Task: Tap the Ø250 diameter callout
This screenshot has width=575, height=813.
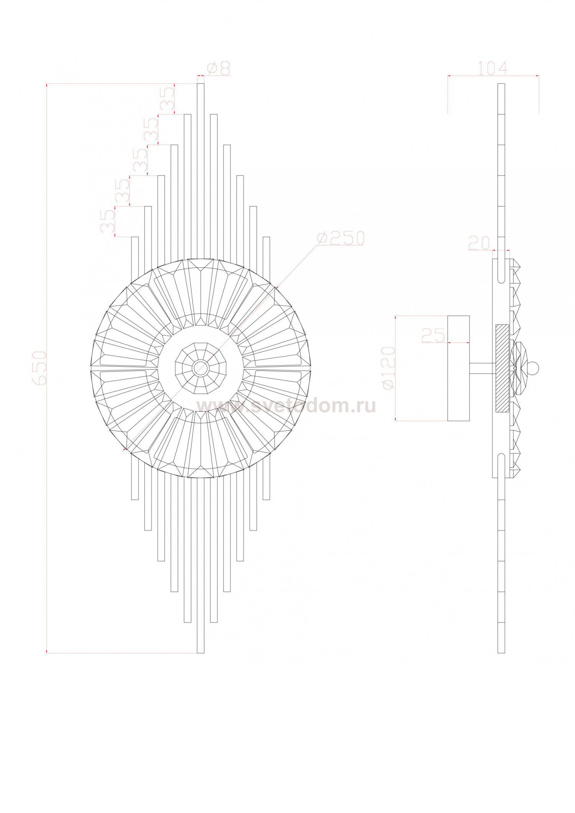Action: (x=340, y=238)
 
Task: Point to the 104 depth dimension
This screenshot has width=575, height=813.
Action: (x=493, y=69)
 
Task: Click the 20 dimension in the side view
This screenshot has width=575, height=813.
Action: (x=479, y=243)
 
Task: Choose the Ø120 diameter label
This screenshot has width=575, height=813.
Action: (x=389, y=368)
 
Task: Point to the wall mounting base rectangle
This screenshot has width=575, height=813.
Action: (x=458, y=368)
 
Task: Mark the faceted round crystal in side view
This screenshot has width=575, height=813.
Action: (x=520, y=368)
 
